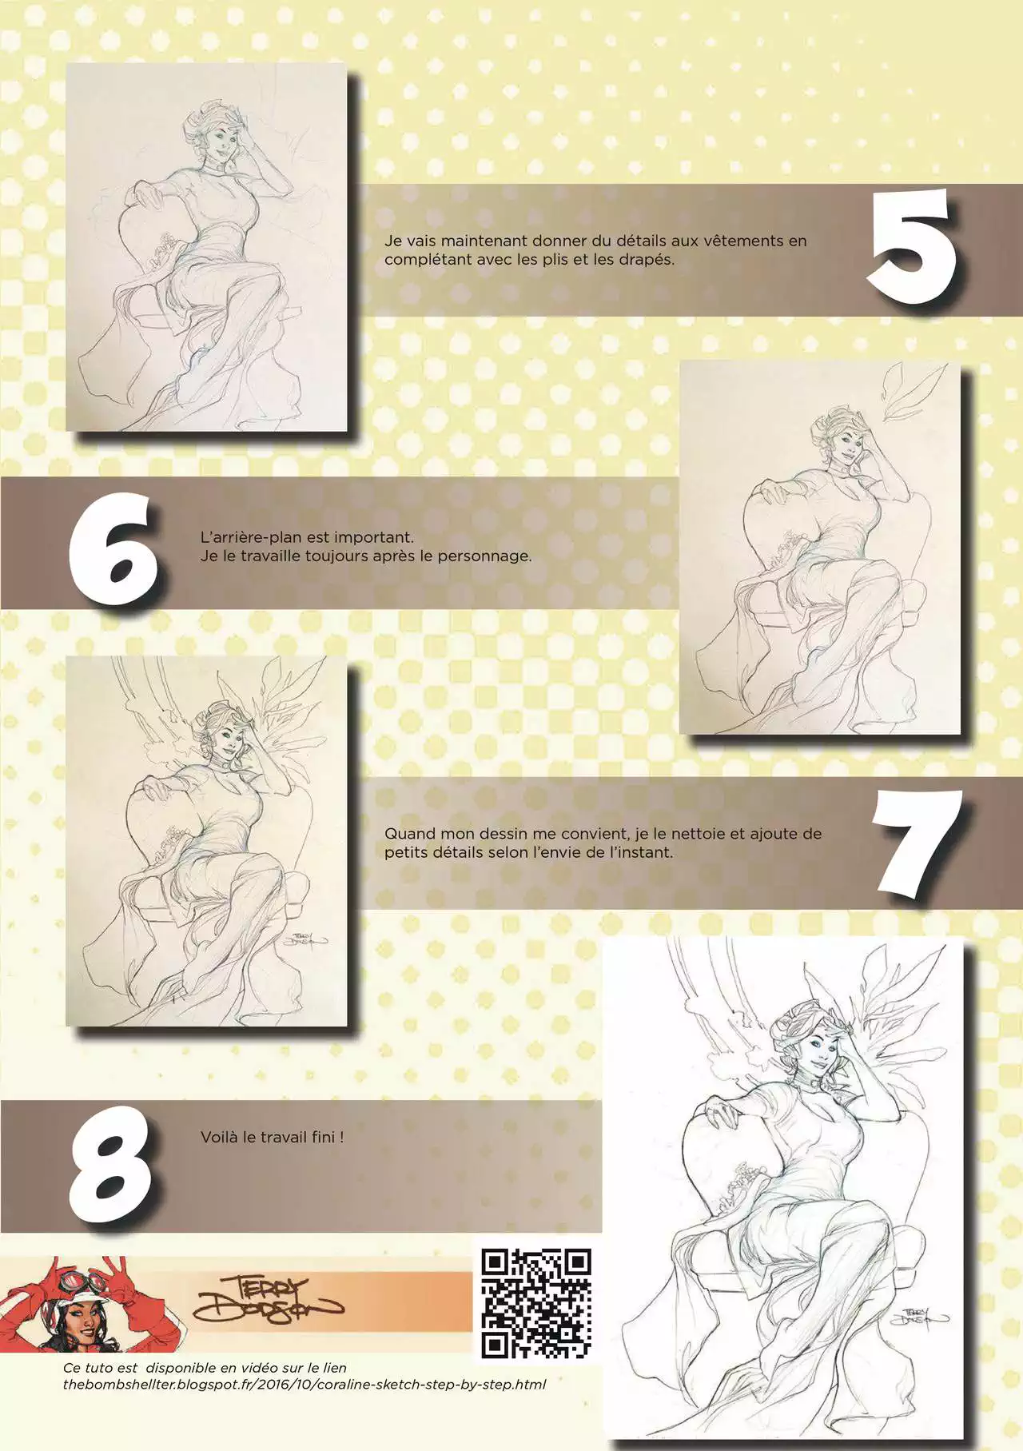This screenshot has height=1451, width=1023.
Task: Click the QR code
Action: [536, 1303]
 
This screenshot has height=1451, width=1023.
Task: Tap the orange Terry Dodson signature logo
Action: [267, 1301]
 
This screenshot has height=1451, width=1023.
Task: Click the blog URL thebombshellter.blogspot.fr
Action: [305, 1384]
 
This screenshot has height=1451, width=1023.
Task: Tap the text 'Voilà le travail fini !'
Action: [273, 1137]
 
